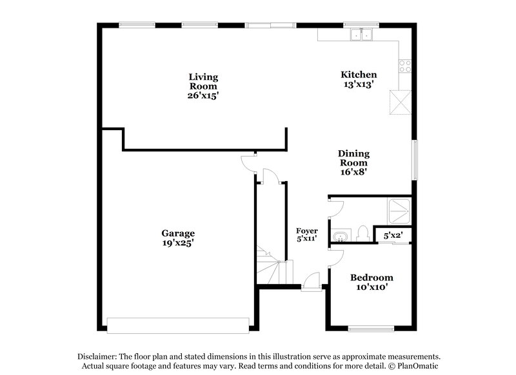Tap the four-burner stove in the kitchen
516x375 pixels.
click(x=406, y=65)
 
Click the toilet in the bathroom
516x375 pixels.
click(x=362, y=233)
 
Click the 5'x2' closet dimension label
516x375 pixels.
click(x=393, y=236)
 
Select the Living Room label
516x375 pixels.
click(x=203, y=81)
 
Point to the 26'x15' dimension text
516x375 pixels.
click(x=203, y=95)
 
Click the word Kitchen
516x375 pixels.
click(x=359, y=74)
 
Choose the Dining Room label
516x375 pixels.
click(x=354, y=158)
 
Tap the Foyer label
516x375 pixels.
click(x=307, y=230)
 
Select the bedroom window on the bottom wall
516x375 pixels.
click(x=371, y=330)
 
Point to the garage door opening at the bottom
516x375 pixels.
click(x=178, y=325)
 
